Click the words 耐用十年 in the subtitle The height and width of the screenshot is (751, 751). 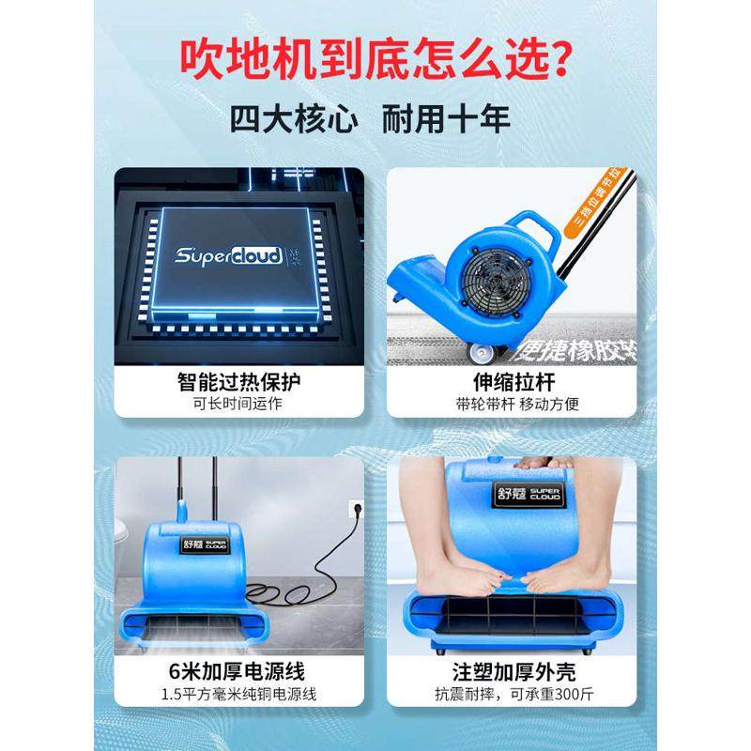click(448, 121)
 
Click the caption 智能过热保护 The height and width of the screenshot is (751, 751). click(240, 382)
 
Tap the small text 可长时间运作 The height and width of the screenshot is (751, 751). click(240, 405)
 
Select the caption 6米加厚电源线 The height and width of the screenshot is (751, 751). click(240, 672)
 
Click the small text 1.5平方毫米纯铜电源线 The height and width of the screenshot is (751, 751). click(240, 696)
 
